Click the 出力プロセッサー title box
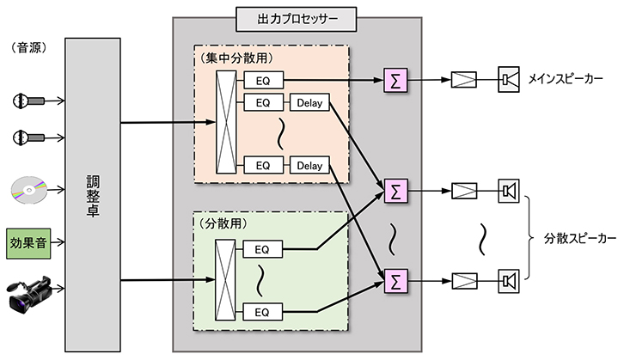pyautogui.click(x=297, y=16)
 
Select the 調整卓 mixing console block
pyautogui.click(x=93, y=194)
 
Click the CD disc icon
pyautogui.click(x=28, y=188)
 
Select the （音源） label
pyautogui.click(x=28, y=47)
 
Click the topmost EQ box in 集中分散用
pyautogui.click(x=262, y=81)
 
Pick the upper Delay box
pyautogui.click(x=309, y=104)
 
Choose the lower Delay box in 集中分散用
pyautogui.click(x=309, y=164)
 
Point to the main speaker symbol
pyautogui.click(x=509, y=81)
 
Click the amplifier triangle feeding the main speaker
pyautogui.click(x=465, y=81)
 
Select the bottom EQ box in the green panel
pyautogui.click(x=262, y=310)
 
